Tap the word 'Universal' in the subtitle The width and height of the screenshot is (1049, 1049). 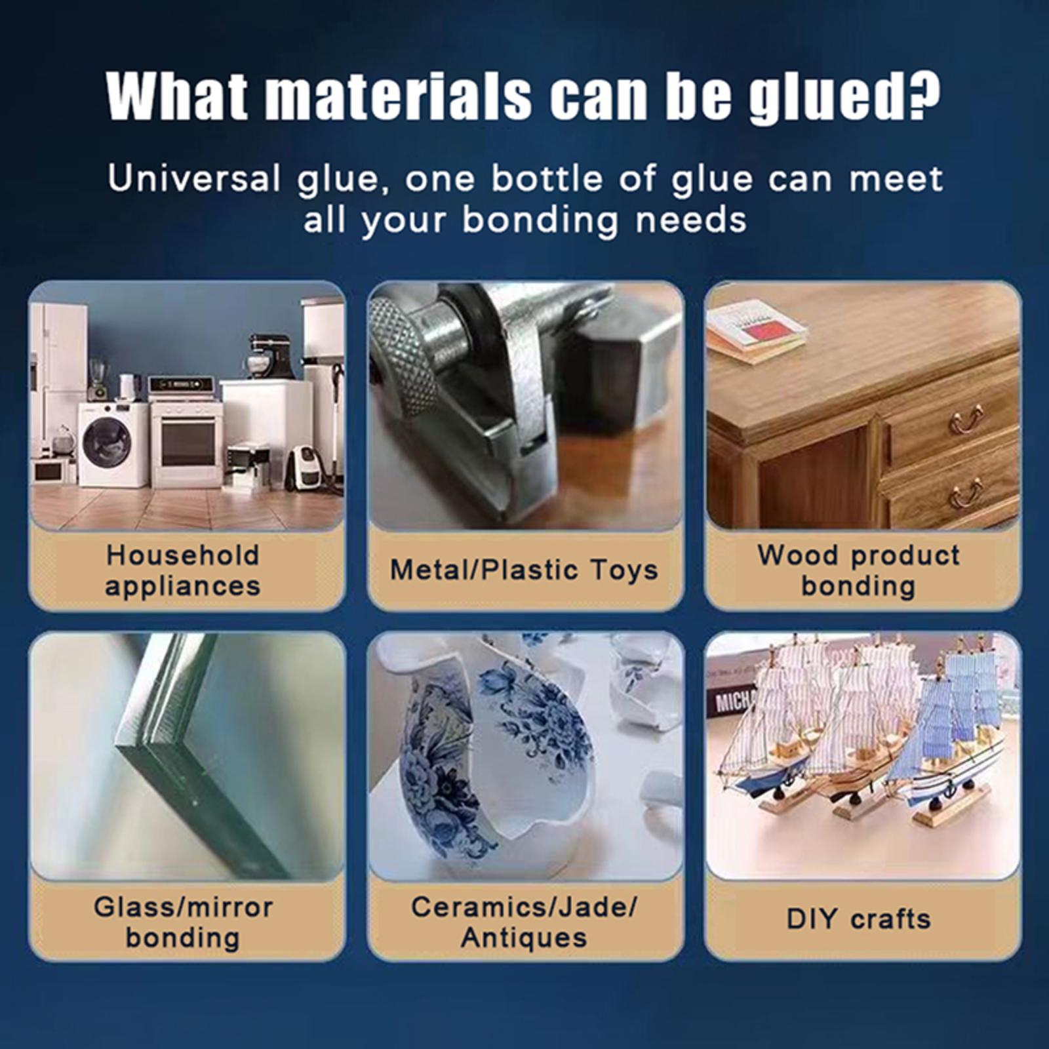tap(195, 178)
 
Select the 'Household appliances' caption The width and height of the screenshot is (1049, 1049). tap(183, 570)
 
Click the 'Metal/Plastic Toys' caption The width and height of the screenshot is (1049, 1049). tap(524, 570)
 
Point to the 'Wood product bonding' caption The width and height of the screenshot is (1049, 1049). tap(859, 570)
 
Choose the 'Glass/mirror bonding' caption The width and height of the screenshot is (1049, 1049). tap(183, 922)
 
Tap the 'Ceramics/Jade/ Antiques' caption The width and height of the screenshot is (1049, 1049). tap(524, 922)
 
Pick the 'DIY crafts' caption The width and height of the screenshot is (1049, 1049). tap(859, 919)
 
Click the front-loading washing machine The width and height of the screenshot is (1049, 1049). tap(113, 445)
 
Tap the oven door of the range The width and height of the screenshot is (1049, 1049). tap(188, 443)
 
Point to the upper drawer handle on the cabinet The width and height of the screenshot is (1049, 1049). tap(966, 420)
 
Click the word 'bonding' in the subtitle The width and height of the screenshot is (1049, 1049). tap(540, 220)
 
